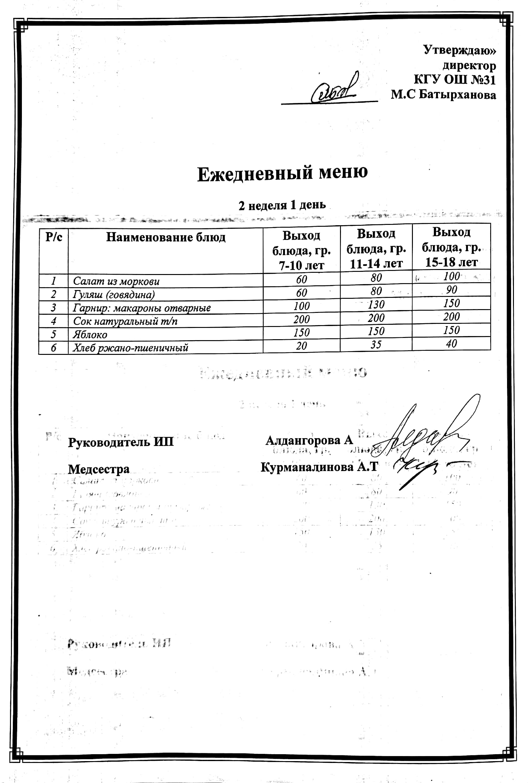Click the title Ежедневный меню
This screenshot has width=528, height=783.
(x=282, y=174)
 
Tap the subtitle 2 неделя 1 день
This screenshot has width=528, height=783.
(x=282, y=205)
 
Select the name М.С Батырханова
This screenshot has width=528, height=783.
(x=443, y=95)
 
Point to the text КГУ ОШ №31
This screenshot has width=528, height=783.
(x=454, y=80)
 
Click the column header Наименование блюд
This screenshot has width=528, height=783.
(x=165, y=237)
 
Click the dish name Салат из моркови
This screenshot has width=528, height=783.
(x=116, y=281)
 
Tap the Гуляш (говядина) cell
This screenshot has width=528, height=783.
(x=114, y=295)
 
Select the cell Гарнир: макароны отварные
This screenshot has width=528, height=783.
(x=142, y=308)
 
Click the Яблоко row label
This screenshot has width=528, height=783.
(x=90, y=334)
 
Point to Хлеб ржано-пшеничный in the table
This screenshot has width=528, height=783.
(x=130, y=347)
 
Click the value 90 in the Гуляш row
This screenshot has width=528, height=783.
(x=451, y=290)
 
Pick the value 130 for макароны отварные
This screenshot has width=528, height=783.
(x=376, y=304)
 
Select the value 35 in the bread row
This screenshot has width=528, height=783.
(x=376, y=344)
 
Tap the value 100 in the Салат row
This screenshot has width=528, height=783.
(x=451, y=277)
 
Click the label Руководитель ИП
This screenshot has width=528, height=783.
(x=121, y=442)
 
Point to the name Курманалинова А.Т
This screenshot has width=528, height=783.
(x=319, y=467)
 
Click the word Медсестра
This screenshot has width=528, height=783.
(x=99, y=469)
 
